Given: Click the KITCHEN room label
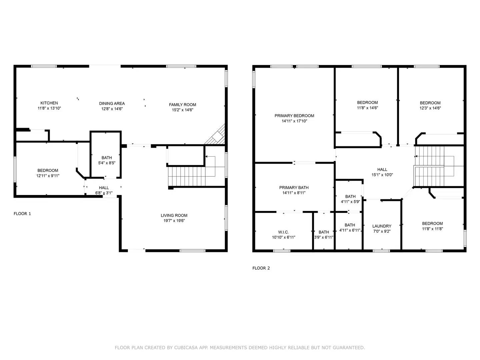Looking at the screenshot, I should (x=49, y=103).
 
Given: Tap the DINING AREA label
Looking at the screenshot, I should (x=112, y=103).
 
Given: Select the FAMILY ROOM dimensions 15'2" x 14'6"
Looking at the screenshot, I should (x=183, y=110).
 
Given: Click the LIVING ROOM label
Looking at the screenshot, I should (x=174, y=215).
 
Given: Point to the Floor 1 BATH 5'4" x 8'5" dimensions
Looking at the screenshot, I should (x=107, y=163).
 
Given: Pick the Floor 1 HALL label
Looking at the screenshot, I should (x=104, y=188).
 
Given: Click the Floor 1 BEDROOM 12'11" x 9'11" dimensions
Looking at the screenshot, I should (x=48, y=176).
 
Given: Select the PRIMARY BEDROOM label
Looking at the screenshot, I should (x=294, y=116).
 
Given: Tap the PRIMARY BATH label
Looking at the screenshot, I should (x=294, y=188).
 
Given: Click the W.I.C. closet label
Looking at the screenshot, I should (x=283, y=232).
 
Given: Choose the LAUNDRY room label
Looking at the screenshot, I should (x=382, y=226).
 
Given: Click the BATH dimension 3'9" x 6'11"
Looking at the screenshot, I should (x=324, y=237).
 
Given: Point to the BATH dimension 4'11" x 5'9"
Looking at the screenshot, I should (x=350, y=202).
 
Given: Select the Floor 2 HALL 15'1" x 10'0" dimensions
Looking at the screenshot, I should (x=382, y=175).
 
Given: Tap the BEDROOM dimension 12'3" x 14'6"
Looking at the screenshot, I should (x=430, y=108).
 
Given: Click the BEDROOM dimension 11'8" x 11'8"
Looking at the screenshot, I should (x=432, y=229).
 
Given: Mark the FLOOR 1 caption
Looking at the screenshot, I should (x=22, y=214).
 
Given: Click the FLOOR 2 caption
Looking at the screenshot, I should (x=261, y=268).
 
